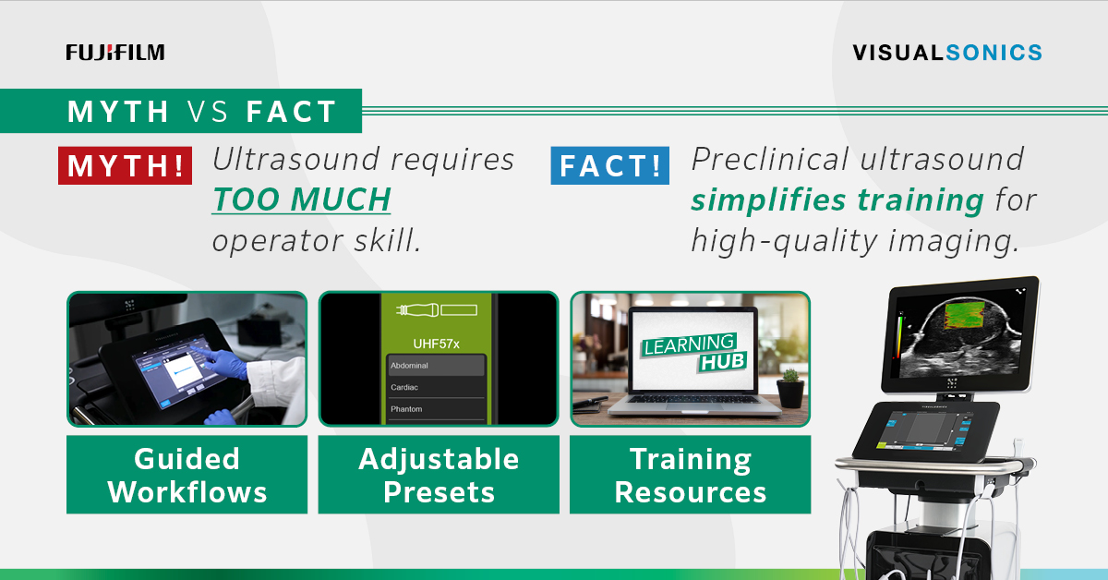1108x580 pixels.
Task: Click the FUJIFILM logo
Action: (115, 53)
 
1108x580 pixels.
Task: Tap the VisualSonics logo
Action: (947, 53)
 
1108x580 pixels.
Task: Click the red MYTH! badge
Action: (126, 166)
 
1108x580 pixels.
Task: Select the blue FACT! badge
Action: (610, 166)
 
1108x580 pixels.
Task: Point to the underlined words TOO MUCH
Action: (302, 199)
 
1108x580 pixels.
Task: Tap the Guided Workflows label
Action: (187, 475)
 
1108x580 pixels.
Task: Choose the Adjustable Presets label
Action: (439, 475)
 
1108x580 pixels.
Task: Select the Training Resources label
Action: (690, 475)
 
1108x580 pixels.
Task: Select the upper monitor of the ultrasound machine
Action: (960, 338)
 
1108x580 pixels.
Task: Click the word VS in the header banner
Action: (208, 112)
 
